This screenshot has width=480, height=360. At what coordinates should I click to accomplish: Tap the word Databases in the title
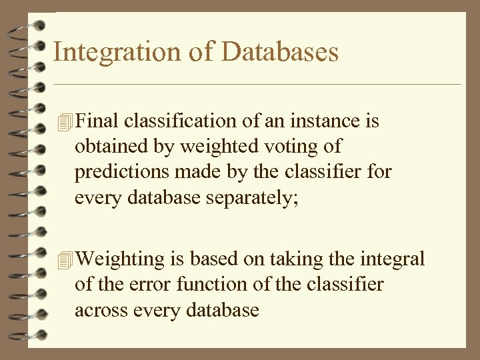click(282, 52)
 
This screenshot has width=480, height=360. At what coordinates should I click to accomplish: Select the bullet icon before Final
click(64, 122)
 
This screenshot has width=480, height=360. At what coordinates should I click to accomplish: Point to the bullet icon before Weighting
click(64, 259)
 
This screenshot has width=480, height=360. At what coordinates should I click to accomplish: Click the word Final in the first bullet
click(98, 121)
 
